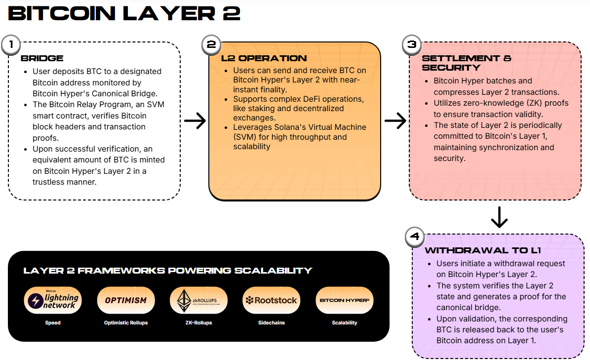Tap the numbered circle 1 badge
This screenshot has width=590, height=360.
pos(11,45)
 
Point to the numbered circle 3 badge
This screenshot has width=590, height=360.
pos(412,45)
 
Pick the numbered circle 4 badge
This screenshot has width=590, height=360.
pos(415,237)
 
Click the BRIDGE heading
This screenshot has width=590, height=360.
pos(42,58)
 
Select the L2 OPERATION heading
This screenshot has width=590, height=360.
pos(264,58)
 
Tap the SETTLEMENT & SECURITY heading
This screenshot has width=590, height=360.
pos(467,63)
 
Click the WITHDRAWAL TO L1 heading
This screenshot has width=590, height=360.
pos(482,250)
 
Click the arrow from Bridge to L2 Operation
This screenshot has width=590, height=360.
pos(195,120)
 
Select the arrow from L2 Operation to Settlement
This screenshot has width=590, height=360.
pos(395,120)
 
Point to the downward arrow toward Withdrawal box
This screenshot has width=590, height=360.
pos(499,217)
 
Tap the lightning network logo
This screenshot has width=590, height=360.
pos(53,300)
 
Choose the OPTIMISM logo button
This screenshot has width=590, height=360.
pos(126,300)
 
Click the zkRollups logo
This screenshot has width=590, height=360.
pos(199,300)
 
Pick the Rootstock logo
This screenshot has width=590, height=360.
pos(272,300)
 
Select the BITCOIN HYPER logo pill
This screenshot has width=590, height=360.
pos(344,300)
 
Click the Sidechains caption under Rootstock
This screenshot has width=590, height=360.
pos(272,322)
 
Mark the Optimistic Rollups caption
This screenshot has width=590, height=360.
pos(126,322)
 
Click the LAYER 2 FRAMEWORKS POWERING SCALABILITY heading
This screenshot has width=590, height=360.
pos(168,271)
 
